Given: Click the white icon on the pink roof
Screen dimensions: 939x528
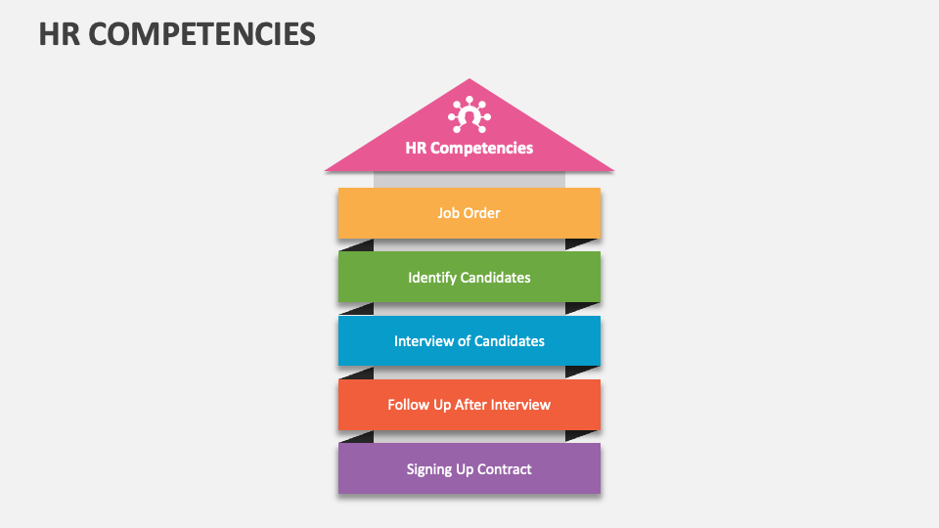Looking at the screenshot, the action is (x=469, y=115).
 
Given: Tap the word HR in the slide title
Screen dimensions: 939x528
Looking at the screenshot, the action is (x=57, y=34).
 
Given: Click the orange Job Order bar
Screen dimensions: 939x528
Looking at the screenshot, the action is (x=469, y=213).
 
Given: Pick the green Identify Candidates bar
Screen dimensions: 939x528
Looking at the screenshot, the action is (x=469, y=277).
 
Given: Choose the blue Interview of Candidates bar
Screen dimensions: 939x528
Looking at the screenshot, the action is (x=469, y=341).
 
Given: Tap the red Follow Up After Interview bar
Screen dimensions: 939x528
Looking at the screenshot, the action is (x=469, y=405).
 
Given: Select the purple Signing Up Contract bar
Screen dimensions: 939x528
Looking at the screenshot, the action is (x=469, y=469).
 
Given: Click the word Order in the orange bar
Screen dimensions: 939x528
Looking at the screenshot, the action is (x=482, y=213).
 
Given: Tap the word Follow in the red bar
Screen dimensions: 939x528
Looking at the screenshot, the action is (x=409, y=405).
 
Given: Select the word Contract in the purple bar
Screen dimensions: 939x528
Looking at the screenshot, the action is (x=505, y=469).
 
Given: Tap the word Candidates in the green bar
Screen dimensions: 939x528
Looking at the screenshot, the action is (x=497, y=278).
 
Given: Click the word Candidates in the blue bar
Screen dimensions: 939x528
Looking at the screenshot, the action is (x=510, y=341).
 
